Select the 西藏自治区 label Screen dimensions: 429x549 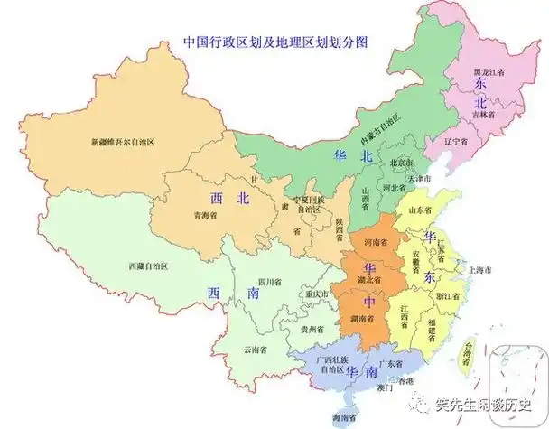[x=148, y=266]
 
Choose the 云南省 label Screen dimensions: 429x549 [x=256, y=349]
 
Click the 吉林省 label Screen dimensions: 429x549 [x=485, y=114]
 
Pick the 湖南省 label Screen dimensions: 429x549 [x=364, y=319]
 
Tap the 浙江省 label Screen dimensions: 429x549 [x=447, y=295]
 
